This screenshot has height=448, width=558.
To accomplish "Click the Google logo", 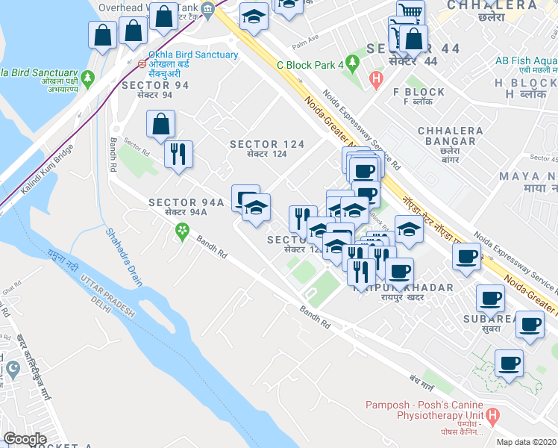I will coord(25,439).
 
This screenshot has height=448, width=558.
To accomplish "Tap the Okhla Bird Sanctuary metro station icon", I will coord(141,64).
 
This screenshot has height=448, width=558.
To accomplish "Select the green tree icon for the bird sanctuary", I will coord(88,77).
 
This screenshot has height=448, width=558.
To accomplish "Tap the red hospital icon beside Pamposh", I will coord(491,416).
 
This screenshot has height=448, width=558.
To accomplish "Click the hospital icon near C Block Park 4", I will coord(376,78).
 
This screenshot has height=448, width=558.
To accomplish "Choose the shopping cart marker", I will coord(410,13).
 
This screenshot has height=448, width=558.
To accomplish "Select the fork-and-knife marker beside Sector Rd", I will coord(178,155).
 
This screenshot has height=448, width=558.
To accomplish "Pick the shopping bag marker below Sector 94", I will coord(160,125).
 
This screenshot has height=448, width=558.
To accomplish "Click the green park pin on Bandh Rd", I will coord(181,235).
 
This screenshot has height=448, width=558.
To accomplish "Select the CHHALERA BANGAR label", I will coord(447,135).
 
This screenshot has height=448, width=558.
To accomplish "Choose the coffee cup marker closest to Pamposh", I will coord(509,364).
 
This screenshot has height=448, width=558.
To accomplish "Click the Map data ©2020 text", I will coord(526,442).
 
